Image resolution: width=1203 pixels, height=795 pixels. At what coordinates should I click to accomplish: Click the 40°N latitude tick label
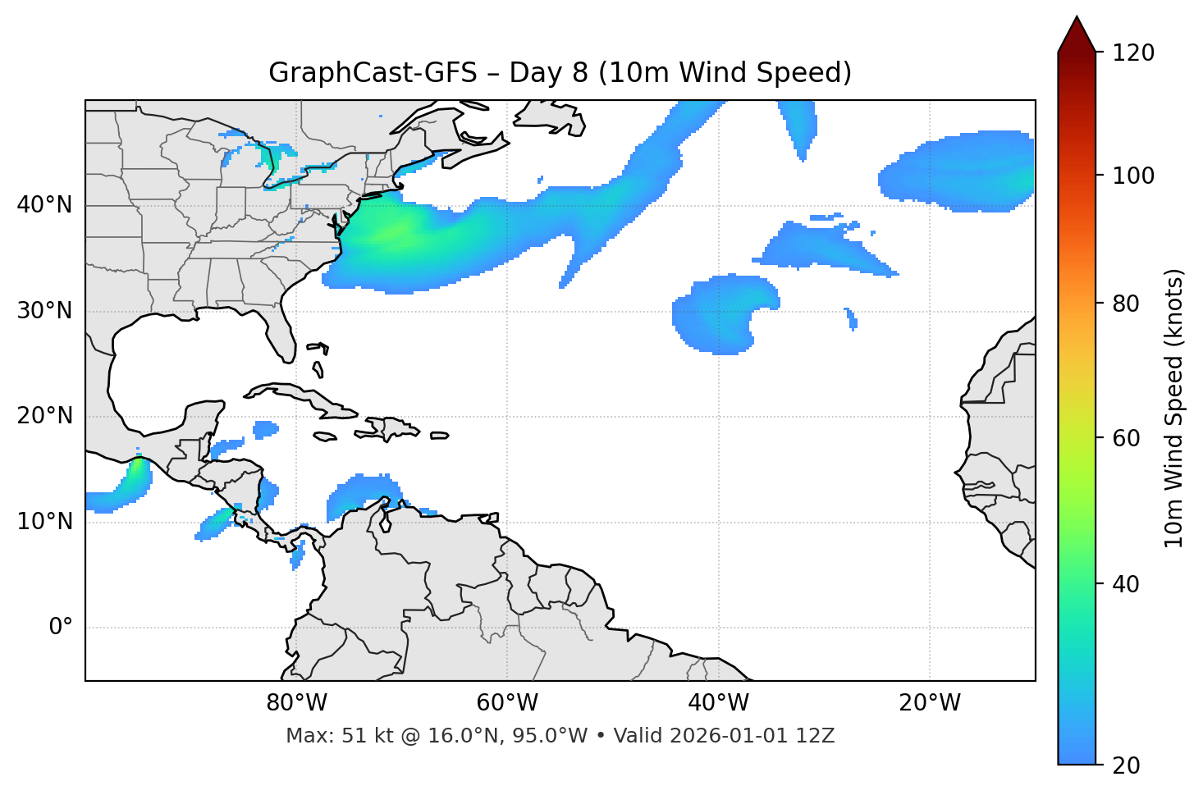44,205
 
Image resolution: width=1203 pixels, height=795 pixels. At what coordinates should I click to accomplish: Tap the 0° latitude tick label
61,628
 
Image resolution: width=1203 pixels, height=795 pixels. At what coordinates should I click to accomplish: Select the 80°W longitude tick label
297,703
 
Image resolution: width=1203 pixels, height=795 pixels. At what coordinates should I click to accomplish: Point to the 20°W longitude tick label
931,703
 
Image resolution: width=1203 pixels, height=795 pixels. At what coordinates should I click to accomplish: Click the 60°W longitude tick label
508,703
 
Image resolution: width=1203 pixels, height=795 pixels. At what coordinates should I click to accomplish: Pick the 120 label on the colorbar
1132,53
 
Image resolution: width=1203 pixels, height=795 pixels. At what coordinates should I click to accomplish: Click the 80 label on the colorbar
1126,304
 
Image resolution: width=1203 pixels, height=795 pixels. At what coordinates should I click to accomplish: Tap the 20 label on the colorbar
1126,765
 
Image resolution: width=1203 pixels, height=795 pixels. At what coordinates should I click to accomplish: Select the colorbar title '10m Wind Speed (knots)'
1173,408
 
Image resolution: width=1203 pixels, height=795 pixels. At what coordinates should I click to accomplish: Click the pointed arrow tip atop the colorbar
1077,20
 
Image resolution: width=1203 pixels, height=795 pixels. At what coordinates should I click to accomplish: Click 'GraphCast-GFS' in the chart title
373,73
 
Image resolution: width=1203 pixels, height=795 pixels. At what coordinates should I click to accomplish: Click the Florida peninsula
281,336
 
